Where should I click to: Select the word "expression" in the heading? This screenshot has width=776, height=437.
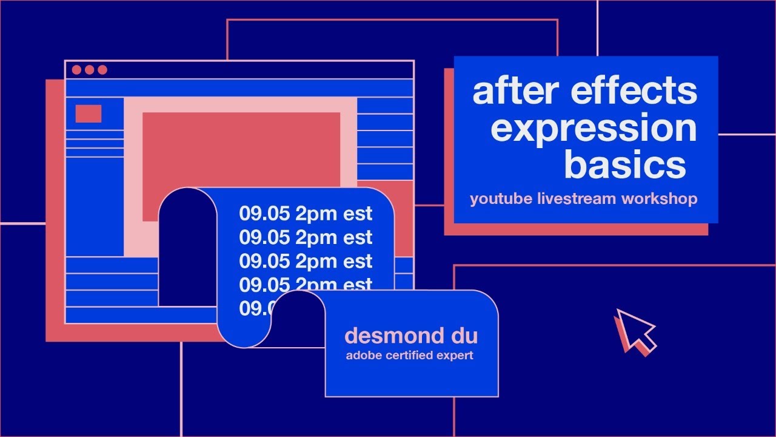(x=594, y=128)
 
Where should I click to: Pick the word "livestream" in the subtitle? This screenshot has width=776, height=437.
(x=576, y=199)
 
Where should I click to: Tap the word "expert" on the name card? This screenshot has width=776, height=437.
(x=455, y=356)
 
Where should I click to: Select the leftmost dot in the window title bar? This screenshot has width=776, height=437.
(x=76, y=70)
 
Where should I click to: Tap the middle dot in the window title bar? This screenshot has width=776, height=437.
(x=90, y=70)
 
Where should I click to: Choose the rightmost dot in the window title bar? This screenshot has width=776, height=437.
(x=102, y=70)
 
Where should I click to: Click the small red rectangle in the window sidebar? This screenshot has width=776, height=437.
(x=89, y=113)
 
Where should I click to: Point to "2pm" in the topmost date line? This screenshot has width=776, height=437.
(x=316, y=214)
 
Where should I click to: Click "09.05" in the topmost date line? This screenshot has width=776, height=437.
(x=264, y=214)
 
